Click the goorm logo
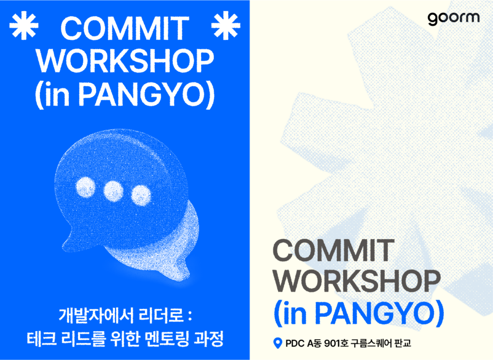point(454,18)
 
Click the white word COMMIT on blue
point(125,28)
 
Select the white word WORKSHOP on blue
point(125,61)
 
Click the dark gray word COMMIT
point(334,250)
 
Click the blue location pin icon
point(277,343)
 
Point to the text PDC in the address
point(295,343)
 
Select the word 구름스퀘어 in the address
point(371,343)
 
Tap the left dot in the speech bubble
point(86,187)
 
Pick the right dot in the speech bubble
point(141,195)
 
